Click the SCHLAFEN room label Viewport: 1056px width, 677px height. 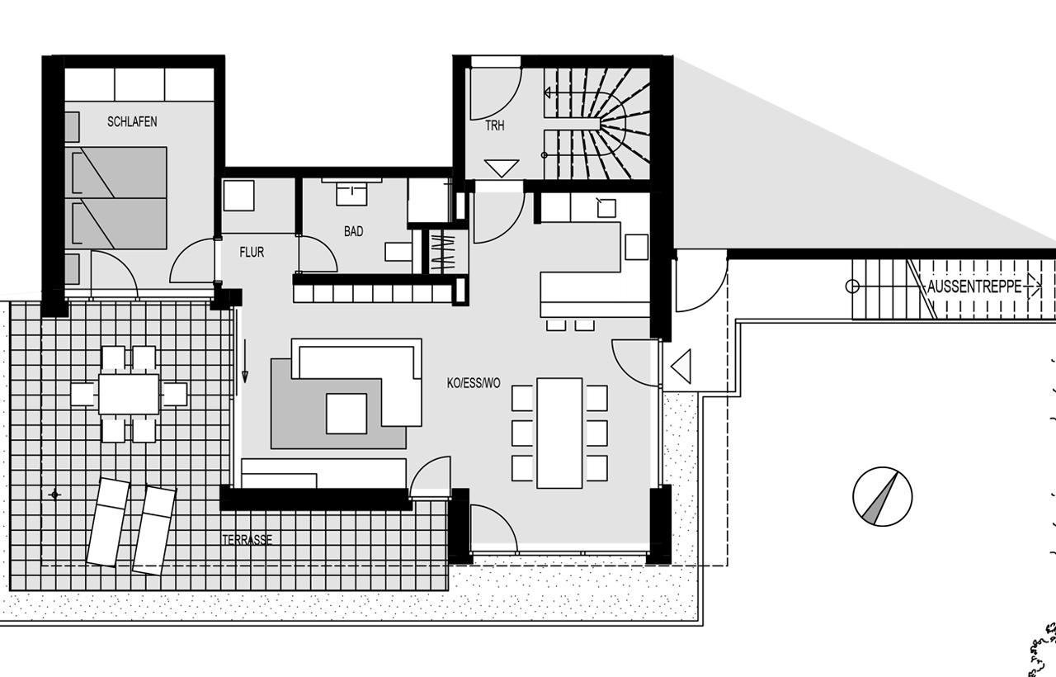[x=132, y=121]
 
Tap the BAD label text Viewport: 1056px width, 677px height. [x=354, y=231]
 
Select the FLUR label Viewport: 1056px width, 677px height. [x=252, y=253]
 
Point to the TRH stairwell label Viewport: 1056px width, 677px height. [x=494, y=125]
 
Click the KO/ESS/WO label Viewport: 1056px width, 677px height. [x=474, y=383]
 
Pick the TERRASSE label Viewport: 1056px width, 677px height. [x=247, y=540]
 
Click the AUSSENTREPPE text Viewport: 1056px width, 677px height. [x=974, y=286]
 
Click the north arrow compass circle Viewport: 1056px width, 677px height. [x=883, y=496]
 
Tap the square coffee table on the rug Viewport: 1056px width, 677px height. [x=346, y=414]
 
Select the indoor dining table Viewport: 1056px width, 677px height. [x=559, y=433]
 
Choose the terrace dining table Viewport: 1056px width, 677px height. [x=129, y=394]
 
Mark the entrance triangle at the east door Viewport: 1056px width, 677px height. [x=681, y=366]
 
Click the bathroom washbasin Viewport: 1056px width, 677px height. [x=351, y=194]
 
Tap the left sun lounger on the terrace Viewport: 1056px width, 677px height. [x=109, y=521]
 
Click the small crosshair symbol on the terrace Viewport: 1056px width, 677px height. [x=55, y=495]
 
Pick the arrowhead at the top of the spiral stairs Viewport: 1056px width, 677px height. [x=547, y=92]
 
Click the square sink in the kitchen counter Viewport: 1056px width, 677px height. [x=606, y=208]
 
